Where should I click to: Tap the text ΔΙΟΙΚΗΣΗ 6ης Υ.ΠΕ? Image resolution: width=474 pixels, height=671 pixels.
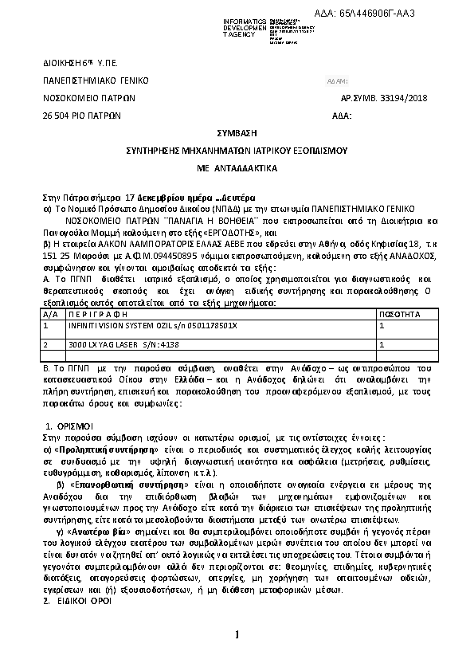75,63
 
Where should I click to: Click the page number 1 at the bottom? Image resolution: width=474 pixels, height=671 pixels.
237,634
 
